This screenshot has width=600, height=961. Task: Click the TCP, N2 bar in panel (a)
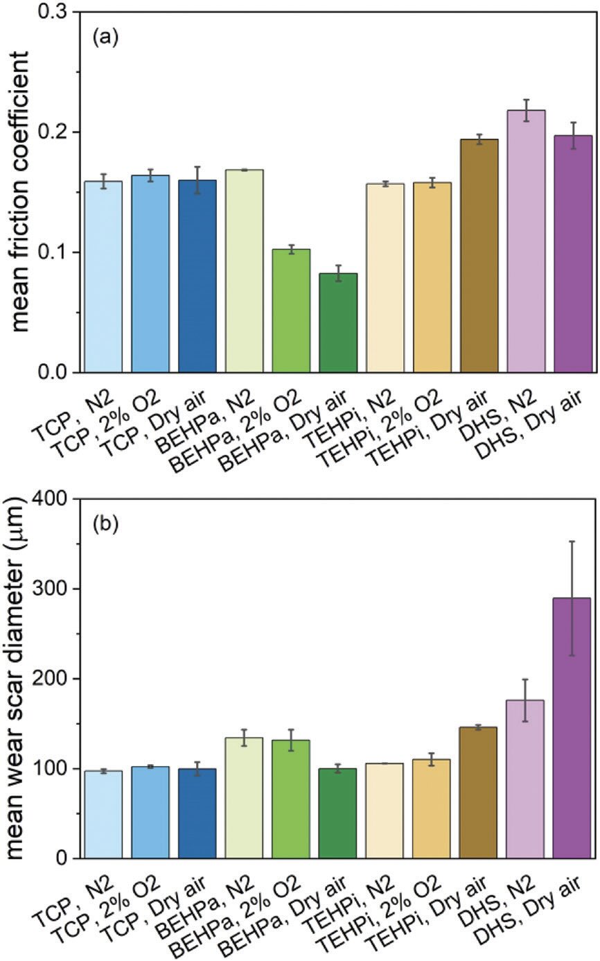pyautogui.click(x=103, y=277)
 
